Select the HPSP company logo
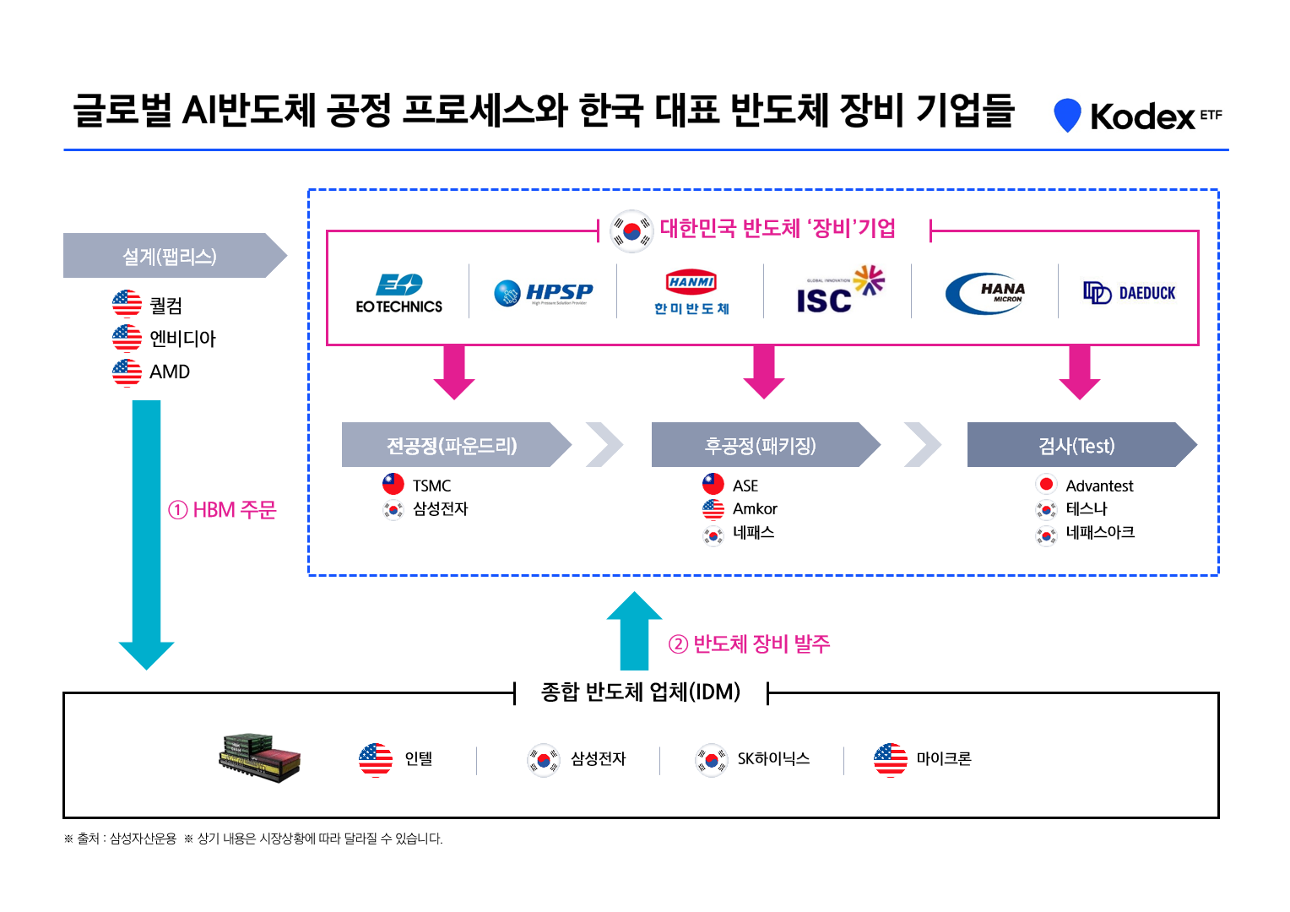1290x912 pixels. point(543,293)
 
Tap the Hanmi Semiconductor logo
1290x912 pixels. point(691,292)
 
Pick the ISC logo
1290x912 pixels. point(839,290)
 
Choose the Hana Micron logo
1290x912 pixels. point(985,293)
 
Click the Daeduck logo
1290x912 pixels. point(1130,293)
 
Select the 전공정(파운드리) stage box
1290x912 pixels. point(453,445)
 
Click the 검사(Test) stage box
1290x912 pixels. point(1077,445)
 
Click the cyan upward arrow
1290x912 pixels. point(634,633)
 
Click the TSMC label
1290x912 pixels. point(431,486)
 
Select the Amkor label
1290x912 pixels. point(755,509)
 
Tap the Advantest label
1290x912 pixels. point(1099,486)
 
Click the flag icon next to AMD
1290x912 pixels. point(127,372)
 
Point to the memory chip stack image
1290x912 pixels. point(259,757)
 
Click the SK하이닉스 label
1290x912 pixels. point(773,758)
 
